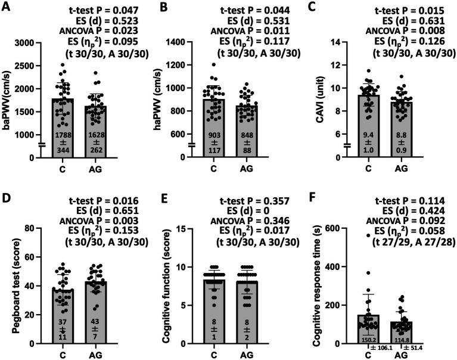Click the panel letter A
(x=7, y=7)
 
